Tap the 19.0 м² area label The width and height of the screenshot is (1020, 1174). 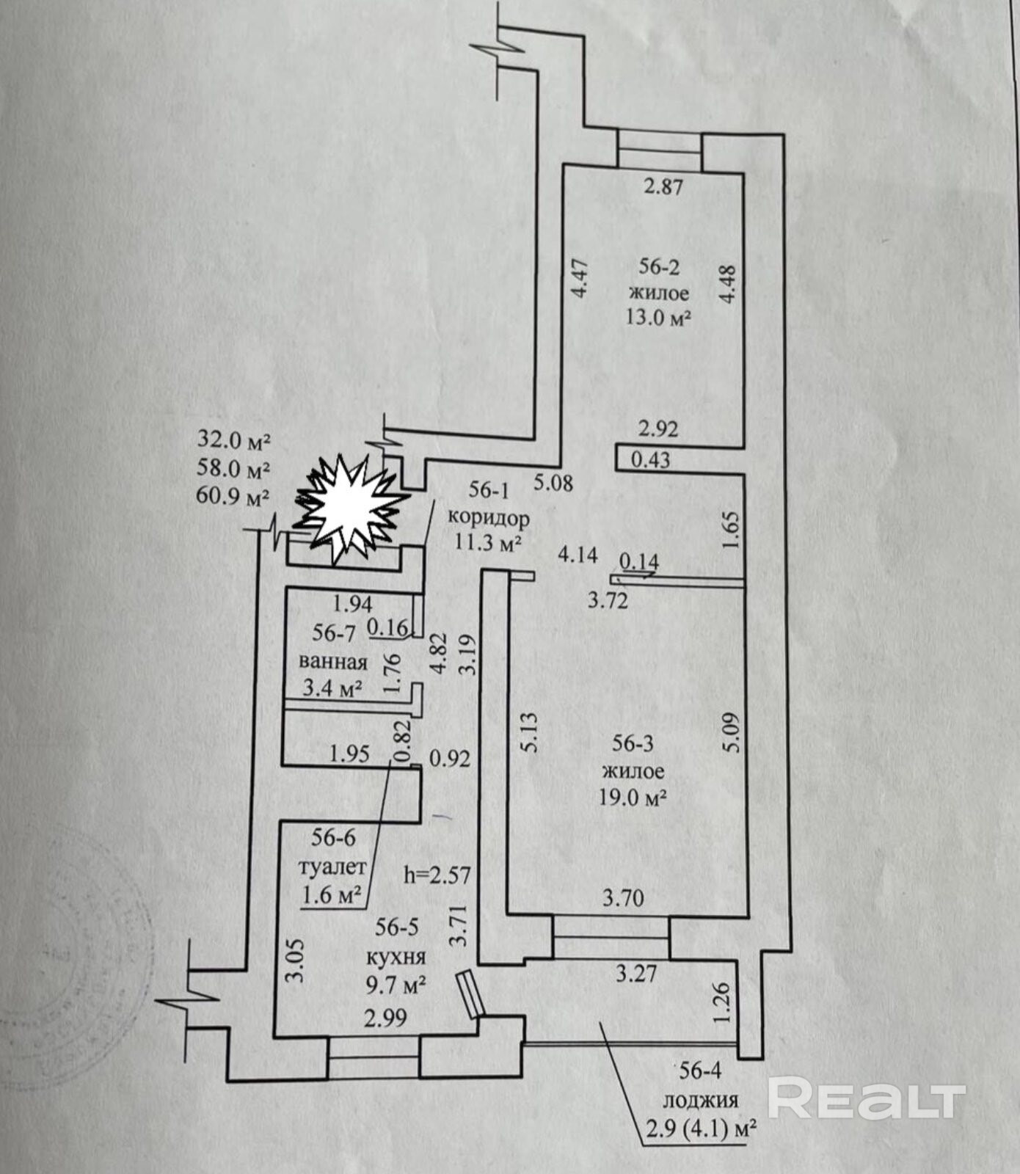click(x=633, y=798)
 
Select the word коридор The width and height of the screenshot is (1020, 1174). click(x=488, y=518)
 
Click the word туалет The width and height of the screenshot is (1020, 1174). click(x=332, y=867)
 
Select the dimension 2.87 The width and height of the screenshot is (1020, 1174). click(x=663, y=187)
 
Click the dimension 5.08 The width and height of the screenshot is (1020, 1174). click(x=553, y=484)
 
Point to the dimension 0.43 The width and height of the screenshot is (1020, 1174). click(x=650, y=460)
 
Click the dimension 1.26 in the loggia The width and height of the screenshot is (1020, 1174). click(x=722, y=1005)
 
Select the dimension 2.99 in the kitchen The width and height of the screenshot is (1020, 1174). click(x=386, y=1018)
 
